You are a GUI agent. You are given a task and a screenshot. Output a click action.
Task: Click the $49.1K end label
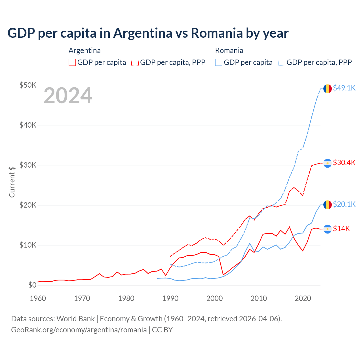coord(344,88)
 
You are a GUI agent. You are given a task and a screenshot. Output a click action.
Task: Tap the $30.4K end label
coord(344,162)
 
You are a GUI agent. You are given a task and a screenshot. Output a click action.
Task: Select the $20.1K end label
coord(344,204)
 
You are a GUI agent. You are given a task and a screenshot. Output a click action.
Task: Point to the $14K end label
coord(341,229)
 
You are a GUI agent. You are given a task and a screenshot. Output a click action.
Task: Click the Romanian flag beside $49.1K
coord(328,88)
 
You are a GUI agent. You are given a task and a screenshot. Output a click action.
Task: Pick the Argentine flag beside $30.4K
coord(328,163)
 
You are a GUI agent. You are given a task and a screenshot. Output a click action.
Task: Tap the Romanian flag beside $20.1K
coord(328,204)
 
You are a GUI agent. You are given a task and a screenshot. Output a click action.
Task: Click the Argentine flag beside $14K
coord(328,229)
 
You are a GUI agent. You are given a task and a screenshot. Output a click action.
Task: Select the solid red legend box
coord(72,62)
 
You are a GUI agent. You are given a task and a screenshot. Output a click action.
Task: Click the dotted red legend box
coord(135,62)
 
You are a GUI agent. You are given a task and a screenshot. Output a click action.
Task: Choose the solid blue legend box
coord(219,62)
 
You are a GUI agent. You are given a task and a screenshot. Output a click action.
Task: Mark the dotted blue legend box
coord(282,62)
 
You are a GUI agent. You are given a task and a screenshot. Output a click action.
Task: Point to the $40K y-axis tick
coord(28,125)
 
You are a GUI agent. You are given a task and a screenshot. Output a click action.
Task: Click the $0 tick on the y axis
coord(32,285)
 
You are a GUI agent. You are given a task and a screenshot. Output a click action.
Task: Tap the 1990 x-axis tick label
coord(170,298)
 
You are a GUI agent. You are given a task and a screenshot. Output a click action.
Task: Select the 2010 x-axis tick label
coord(259,298)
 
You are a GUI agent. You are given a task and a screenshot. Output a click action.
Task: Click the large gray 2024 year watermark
coord(68,96)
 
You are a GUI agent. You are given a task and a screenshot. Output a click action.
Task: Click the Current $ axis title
coord(12,182)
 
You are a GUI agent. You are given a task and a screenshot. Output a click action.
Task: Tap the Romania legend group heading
coord(229,50)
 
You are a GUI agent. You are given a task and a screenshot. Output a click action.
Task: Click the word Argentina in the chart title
coord(143,33)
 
